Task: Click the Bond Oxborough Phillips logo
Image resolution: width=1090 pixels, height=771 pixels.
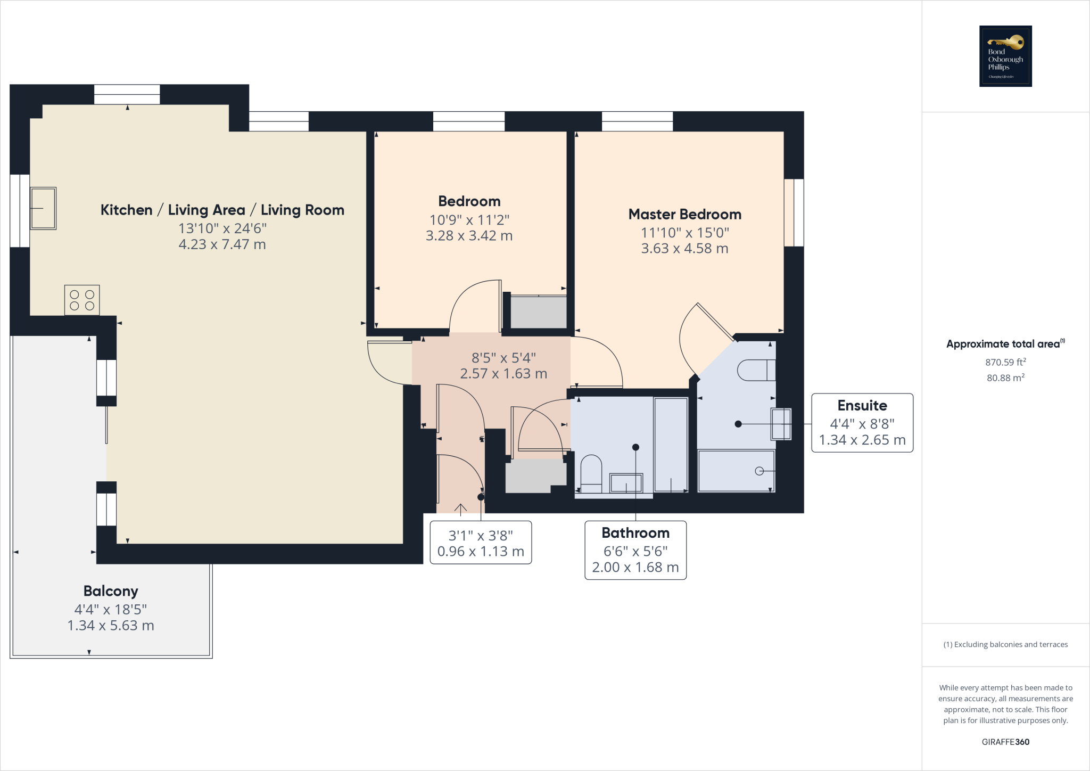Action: click(1005, 56)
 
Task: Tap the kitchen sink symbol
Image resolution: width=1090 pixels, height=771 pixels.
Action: click(43, 208)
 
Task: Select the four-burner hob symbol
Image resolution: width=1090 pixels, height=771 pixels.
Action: click(82, 300)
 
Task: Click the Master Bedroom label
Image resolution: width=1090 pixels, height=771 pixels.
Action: click(684, 215)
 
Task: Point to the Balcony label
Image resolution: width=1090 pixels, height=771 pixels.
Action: click(111, 591)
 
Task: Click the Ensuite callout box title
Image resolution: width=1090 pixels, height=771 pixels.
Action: click(862, 406)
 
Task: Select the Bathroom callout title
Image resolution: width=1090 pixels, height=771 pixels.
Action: click(635, 533)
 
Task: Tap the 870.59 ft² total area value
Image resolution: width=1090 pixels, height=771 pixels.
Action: click(1005, 362)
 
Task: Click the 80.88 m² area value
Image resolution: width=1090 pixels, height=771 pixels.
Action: click(1005, 378)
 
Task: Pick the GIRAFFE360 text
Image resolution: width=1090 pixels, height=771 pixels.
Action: click(1005, 742)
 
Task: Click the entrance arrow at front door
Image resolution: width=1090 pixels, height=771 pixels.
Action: click(460, 508)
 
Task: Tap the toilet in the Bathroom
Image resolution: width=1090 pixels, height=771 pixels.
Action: click(591, 473)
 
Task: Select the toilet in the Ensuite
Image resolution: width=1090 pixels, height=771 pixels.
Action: click(756, 370)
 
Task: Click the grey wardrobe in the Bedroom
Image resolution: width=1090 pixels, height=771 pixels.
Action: click(538, 312)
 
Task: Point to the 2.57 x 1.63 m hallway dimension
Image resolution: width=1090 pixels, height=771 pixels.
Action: click(503, 374)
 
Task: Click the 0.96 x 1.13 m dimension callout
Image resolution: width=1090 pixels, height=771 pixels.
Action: click(481, 552)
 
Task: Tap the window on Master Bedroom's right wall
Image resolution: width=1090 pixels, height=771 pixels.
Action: click(794, 212)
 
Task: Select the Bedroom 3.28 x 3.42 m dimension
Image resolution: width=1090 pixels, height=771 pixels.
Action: click(469, 236)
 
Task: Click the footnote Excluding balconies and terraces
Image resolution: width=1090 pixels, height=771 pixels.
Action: click(1005, 644)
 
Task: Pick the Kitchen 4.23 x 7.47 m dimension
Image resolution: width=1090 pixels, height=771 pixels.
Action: click(222, 244)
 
